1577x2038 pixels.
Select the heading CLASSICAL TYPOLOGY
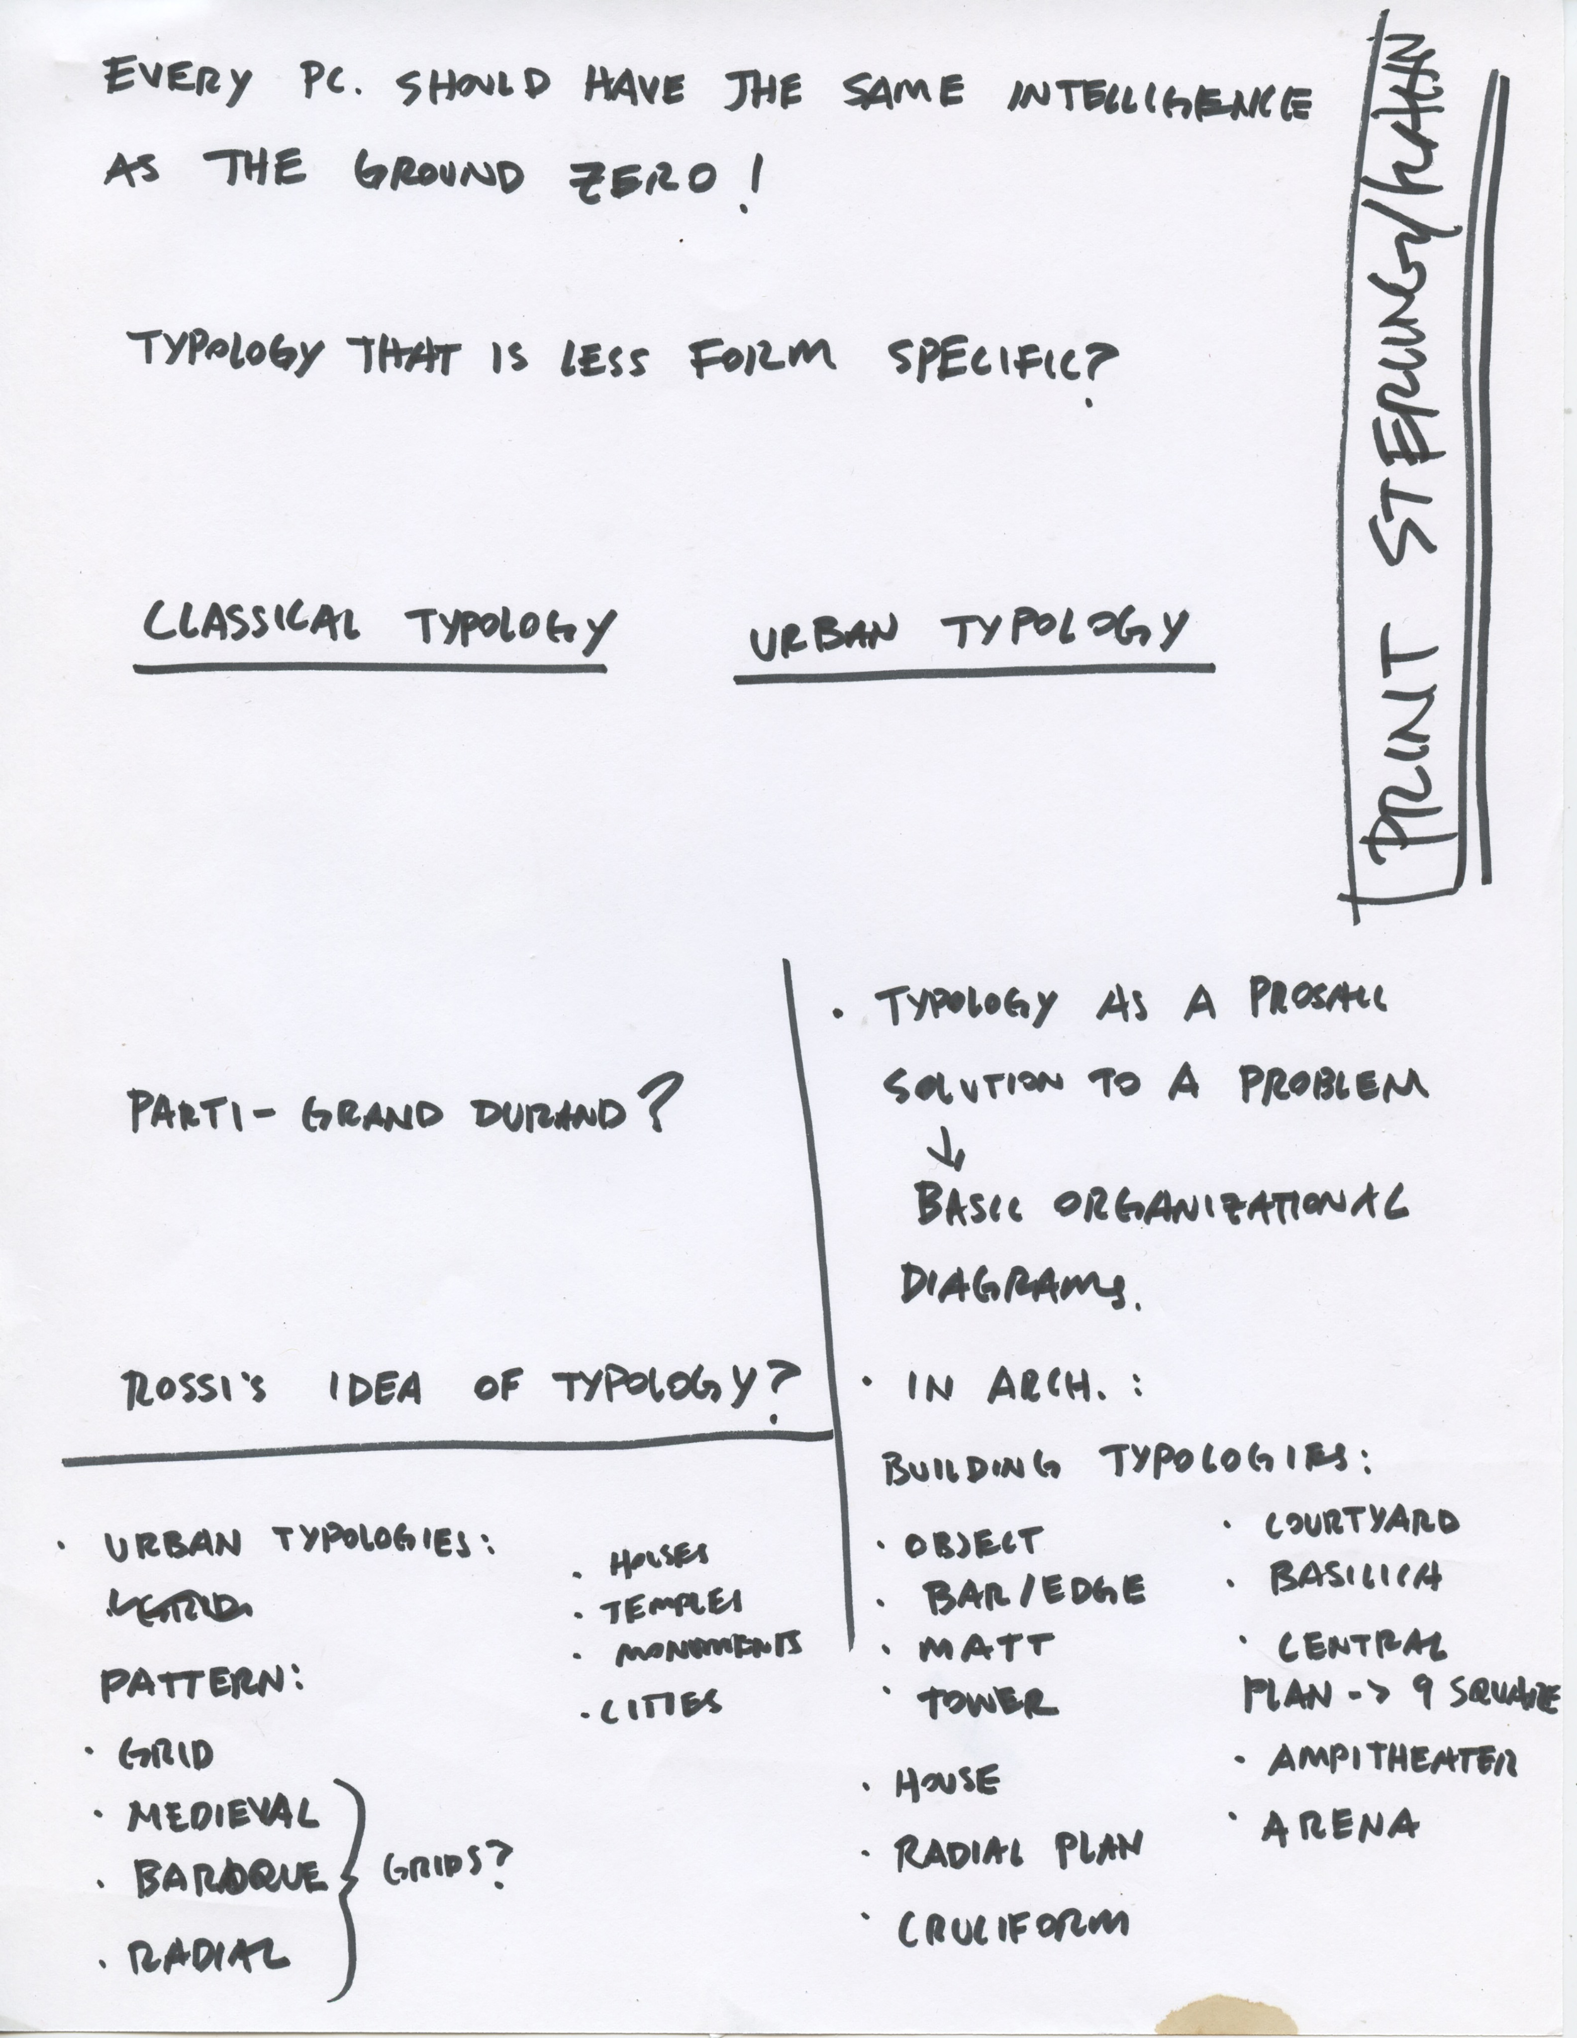pos(378,625)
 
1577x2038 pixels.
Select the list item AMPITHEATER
pos(1390,1762)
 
